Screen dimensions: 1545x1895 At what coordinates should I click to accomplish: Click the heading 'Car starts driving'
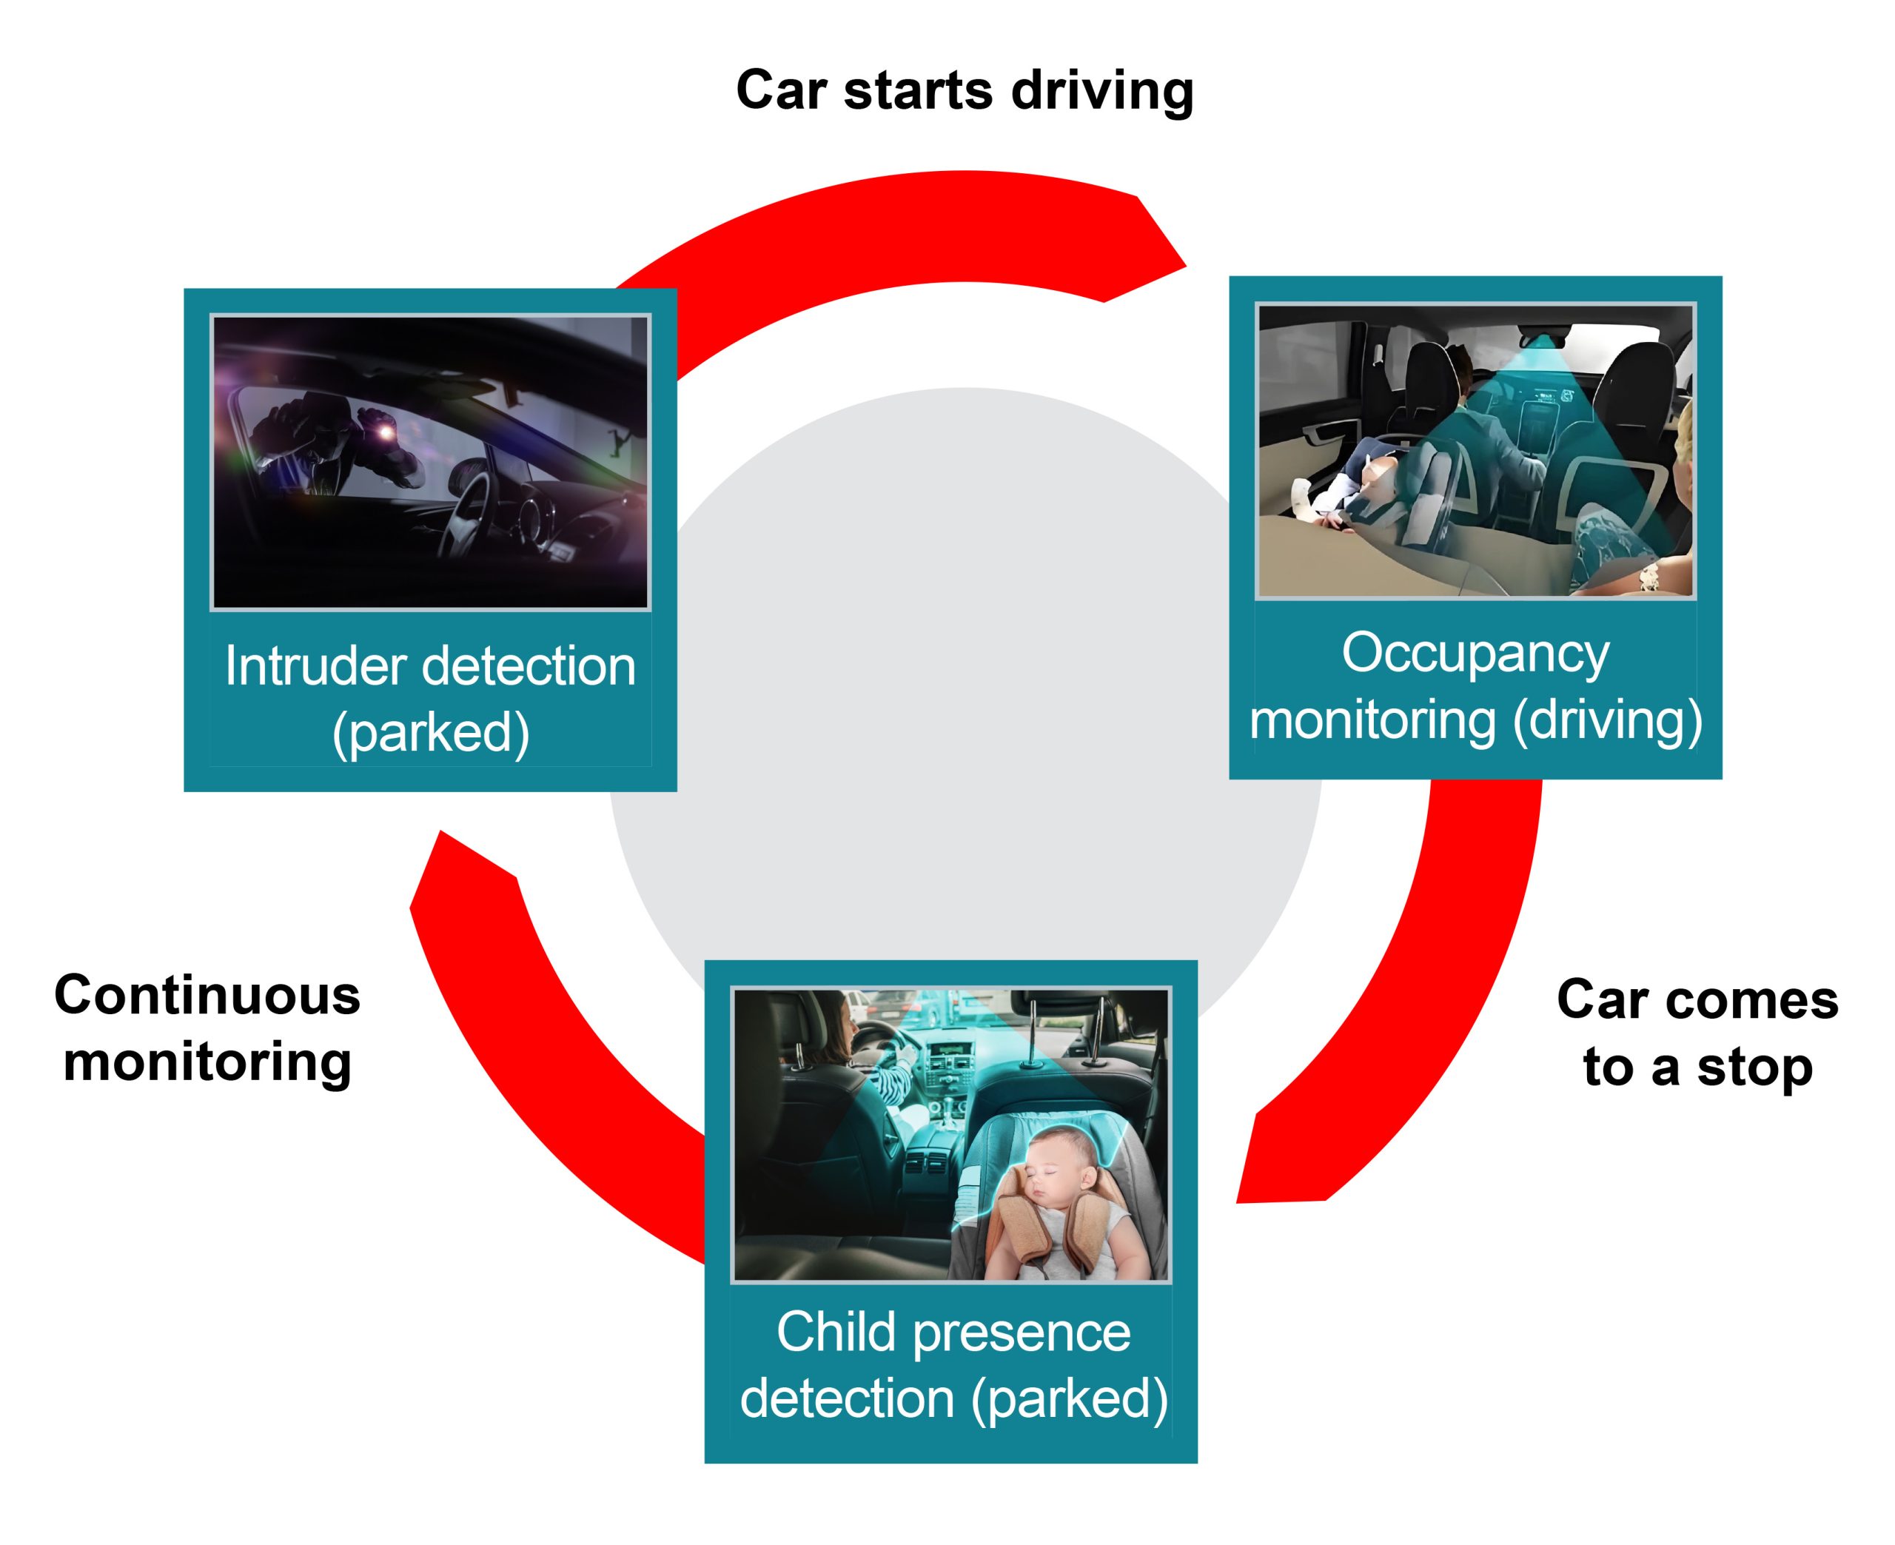click(x=964, y=91)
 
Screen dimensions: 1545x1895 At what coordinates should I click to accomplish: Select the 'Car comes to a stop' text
click(x=1697, y=1033)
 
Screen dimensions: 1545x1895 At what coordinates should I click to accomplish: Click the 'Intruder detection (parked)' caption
click(x=430, y=699)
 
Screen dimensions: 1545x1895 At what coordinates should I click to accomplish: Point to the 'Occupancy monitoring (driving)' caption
click(x=1475, y=686)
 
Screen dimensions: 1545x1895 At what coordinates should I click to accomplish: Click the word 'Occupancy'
click(x=1475, y=652)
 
